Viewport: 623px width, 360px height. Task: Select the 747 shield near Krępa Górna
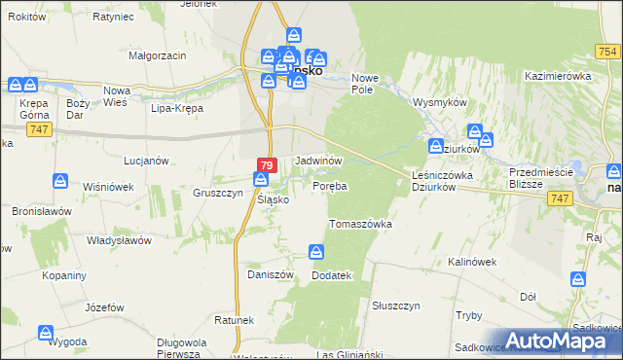click(x=39, y=129)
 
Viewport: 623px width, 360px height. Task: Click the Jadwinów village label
click(x=317, y=159)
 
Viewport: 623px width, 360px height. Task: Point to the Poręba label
click(x=330, y=185)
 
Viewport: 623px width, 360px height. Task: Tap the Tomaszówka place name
click(x=360, y=223)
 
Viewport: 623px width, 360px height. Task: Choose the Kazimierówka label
click(x=558, y=75)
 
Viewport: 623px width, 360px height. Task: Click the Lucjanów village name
click(x=147, y=160)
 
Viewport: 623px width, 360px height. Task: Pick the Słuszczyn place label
click(x=395, y=305)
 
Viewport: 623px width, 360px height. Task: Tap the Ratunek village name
click(x=235, y=319)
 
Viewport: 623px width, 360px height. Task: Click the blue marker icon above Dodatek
click(x=316, y=253)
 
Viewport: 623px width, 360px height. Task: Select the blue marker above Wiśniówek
click(x=59, y=180)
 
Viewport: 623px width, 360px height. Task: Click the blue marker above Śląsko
click(x=261, y=179)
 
